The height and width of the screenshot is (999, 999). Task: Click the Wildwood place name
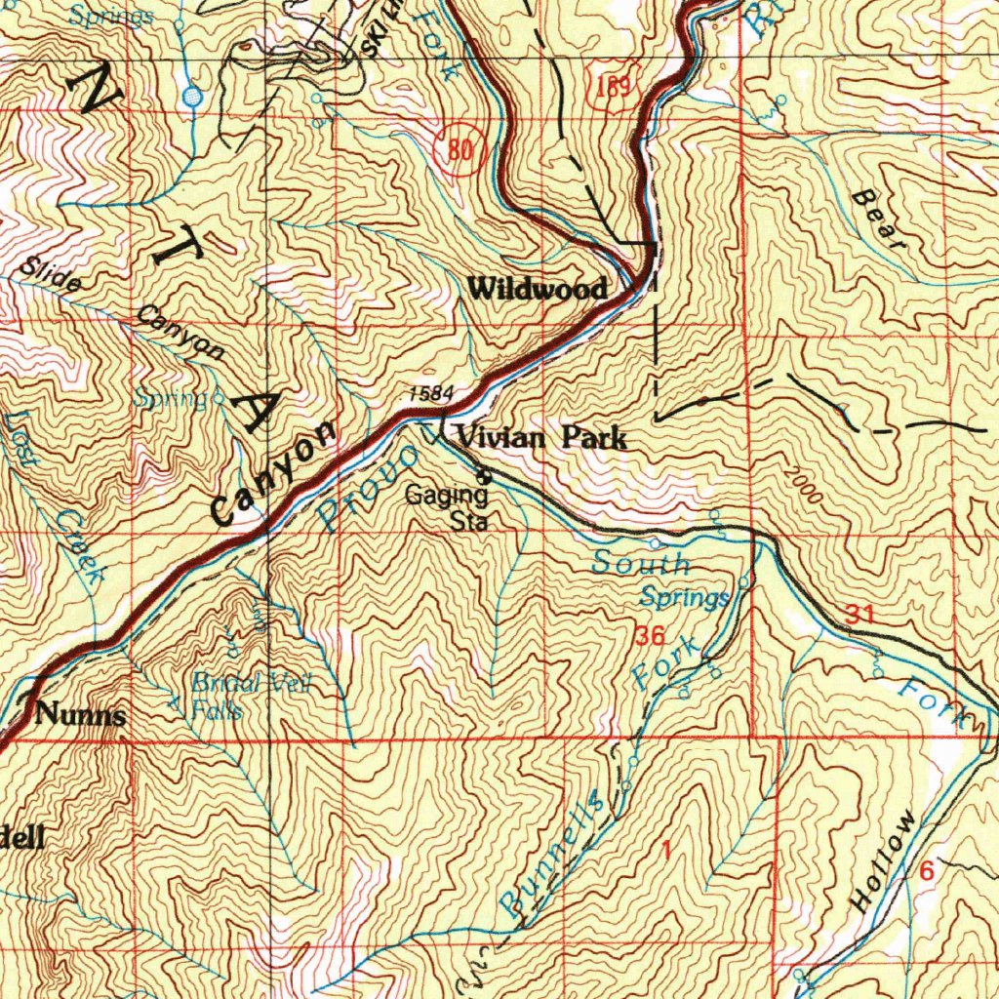tap(538, 288)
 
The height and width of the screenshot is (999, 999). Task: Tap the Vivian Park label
tap(541, 438)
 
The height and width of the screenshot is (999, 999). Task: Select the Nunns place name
tap(80, 715)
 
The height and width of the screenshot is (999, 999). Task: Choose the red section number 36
tap(650, 637)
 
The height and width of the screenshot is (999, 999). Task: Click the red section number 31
tap(859, 614)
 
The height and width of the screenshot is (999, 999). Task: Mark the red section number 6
tap(925, 871)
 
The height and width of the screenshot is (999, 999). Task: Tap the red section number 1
tap(665, 850)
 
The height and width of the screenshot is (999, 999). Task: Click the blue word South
tap(640, 563)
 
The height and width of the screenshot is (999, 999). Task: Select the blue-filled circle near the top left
tap(192, 97)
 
